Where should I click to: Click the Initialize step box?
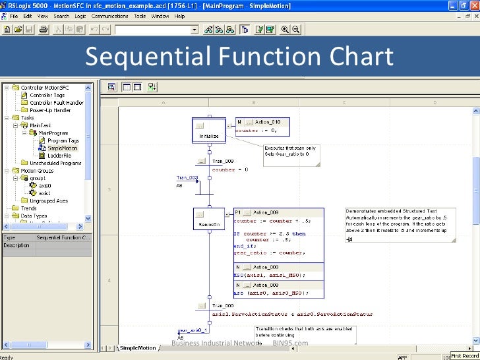click(x=209, y=131)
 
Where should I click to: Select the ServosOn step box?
click(x=208, y=220)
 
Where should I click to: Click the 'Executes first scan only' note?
click(x=290, y=151)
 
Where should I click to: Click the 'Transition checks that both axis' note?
click(x=305, y=333)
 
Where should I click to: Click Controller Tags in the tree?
click(x=47, y=95)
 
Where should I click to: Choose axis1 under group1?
click(x=44, y=193)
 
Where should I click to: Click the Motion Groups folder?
click(x=37, y=171)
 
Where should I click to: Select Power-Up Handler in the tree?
click(x=47, y=110)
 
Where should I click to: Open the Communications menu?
click(x=109, y=15)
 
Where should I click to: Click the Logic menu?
click(x=80, y=15)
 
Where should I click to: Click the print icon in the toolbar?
click(x=43, y=30)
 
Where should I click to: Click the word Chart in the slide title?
click(x=355, y=57)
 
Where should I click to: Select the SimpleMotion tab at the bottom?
click(x=137, y=347)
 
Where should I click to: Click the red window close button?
click(x=473, y=5)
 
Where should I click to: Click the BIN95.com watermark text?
click(x=290, y=343)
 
